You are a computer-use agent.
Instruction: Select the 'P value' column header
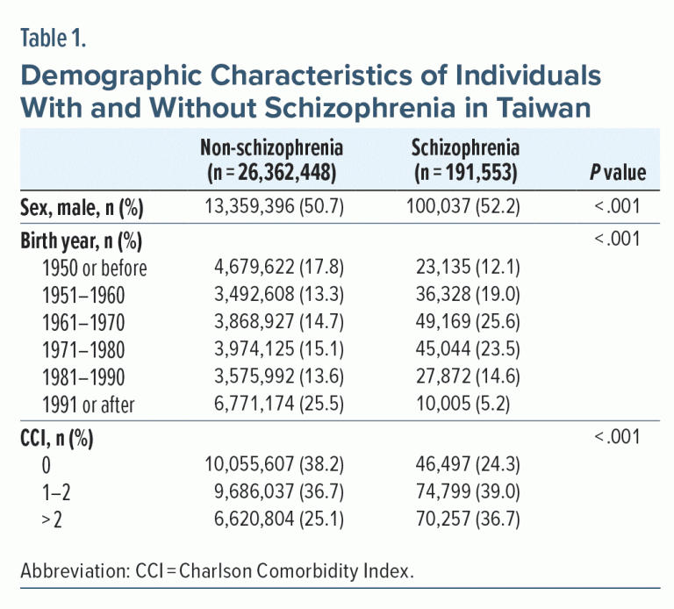618,173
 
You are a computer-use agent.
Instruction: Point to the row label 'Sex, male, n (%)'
83,208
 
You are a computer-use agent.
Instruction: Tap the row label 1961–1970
85,322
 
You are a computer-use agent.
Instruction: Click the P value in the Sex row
620,208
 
